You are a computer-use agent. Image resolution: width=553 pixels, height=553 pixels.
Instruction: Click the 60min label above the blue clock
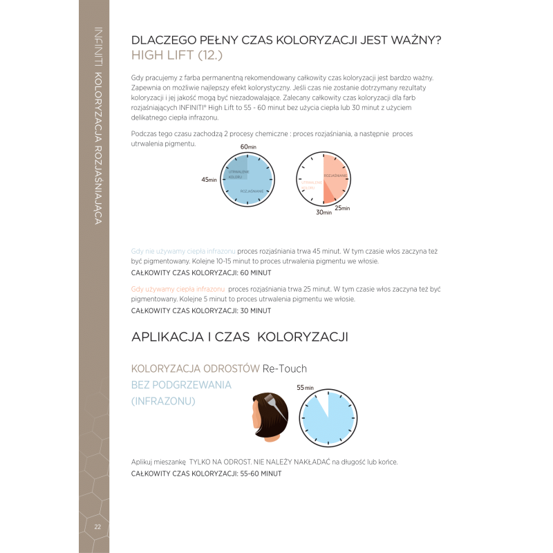point(248,147)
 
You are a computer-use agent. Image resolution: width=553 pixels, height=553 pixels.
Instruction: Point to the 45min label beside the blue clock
point(209,179)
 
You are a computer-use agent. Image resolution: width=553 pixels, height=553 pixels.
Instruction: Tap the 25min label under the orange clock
point(341,208)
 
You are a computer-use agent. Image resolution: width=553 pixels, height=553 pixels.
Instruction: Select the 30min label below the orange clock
point(324,213)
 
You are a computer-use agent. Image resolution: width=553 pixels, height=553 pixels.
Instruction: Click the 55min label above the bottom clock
point(305,388)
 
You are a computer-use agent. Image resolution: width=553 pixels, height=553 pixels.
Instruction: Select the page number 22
point(98,527)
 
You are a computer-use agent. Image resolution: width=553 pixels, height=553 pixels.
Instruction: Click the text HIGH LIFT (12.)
point(176,56)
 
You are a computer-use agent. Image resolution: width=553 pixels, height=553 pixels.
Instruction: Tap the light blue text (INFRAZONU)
point(163,401)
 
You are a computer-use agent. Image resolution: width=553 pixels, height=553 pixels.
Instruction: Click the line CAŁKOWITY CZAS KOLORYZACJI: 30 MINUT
point(200,310)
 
